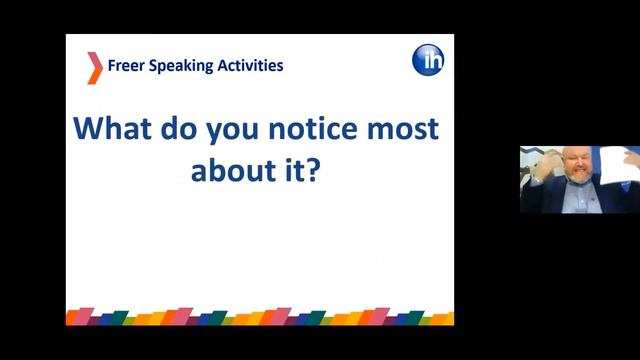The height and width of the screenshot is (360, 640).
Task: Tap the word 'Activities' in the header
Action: tap(249, 66)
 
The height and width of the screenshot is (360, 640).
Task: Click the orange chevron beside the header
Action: tap(94, 67)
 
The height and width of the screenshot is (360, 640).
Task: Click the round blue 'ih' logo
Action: tap(428, 60)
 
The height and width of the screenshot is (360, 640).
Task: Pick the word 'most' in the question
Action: tap(405, 130)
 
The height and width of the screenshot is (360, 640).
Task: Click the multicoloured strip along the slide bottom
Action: tap(260, 317)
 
